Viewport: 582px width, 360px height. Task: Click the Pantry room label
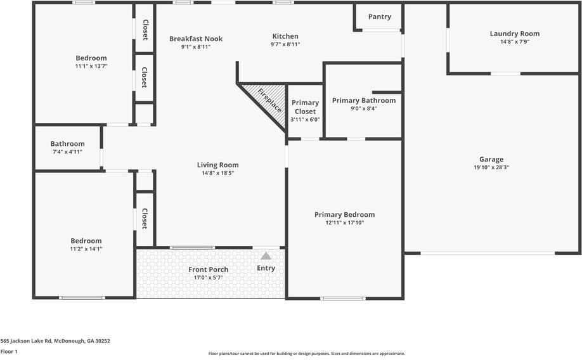pyautogui.click(x=379, y=16)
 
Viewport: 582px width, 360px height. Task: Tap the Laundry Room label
pyautogui.click(x=514, y=34)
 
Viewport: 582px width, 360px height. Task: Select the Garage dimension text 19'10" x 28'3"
pyautogui.click(x=491, y=168)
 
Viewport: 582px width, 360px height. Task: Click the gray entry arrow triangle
pyautogui.click(x=266, y=256)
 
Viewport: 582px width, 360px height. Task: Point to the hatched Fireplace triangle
pyautogui.click(x=265, y=101)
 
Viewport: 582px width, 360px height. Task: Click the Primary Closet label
pyautogui.click(x=305, y=107)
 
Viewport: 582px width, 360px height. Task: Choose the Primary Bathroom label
pyautogui.click(x=363, y=100)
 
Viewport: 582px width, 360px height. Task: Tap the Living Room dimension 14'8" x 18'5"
pyautogui.click(x=217, y=173)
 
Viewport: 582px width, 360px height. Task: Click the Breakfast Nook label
pyautogui.click(x=195, y=39)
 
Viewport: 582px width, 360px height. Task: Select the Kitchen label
pyautogui.click(x=285, y=36)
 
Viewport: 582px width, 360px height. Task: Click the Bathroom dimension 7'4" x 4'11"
pyautogui.click(x=67, y=152)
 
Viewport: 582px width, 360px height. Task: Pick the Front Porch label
pyautogui.click(x=208, y=269)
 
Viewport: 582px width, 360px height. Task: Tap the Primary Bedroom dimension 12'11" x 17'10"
pyautogui.click(x=344, y=222)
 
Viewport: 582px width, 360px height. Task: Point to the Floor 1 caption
pyautogui.click(x=9, y=351)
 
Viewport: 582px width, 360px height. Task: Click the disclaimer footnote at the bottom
pyautogui.click(x=306, y=354)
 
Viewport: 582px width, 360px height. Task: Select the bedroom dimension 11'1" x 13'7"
pyautogui.click(x=91, y=66)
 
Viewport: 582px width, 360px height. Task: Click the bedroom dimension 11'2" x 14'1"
pyautogui.click(x=86, y=249)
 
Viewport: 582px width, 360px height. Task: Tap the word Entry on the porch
pyautogui.click(x=266, y=268)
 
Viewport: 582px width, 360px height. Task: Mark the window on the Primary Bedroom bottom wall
pyautogui.click(x=342, y=298)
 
